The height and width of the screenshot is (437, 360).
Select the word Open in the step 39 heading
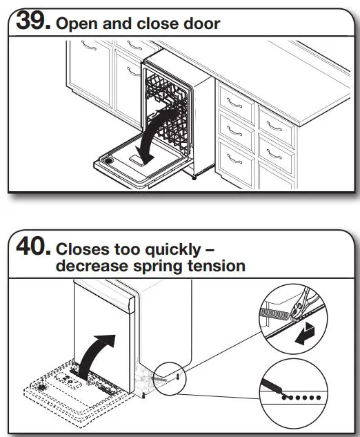point(75,24)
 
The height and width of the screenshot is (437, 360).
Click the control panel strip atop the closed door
point(103,289)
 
